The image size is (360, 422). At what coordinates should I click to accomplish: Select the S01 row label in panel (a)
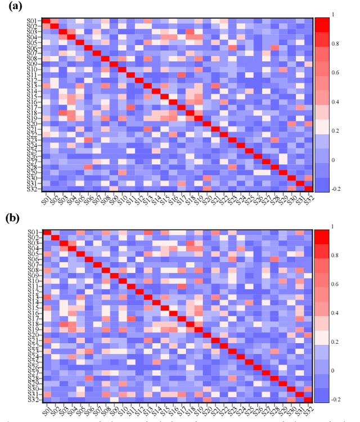tap(33, 21)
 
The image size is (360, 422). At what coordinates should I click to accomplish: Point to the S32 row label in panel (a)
tap(33, 188)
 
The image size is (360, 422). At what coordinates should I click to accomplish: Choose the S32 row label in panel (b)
tap(33, 400)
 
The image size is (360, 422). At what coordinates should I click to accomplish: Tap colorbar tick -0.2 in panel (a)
tap(336, 190)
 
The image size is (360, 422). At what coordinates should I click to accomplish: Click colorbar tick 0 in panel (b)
tap(336, 371)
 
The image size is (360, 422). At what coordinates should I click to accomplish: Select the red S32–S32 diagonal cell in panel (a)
tap(308, 188)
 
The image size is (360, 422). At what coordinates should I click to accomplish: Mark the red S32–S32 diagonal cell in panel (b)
tap(308, 400)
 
